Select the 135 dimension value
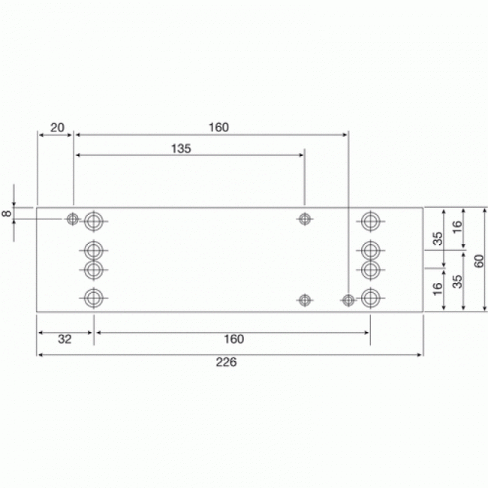(x=181, y=148)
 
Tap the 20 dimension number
(x=57, y=127)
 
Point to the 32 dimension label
(x=65, y=339)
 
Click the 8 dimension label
(x=7, y=214)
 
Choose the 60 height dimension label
(x=480, y=259)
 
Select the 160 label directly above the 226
(x=233, y=339)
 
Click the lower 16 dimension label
(x=437, y=288)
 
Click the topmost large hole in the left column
(x=93, y=221)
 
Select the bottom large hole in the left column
(x=92, y=297)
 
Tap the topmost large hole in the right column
(x=369, y=221)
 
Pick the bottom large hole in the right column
(x=369, y=297)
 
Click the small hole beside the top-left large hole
(x=72, y=218)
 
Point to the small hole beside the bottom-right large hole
(x=348, y=300)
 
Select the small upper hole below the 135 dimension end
(x=304, y=218)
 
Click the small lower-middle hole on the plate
(x=304, y=300)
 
